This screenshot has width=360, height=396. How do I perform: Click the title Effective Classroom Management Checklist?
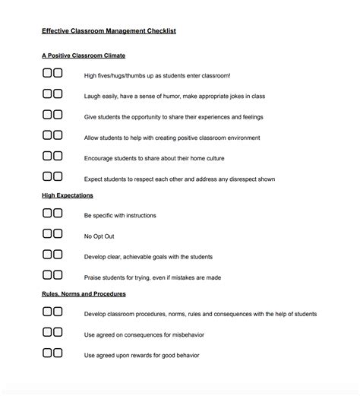pyautogui.click(x=109, y=31)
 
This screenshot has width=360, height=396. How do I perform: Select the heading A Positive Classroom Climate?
pyautogui.click(x=84, y=55)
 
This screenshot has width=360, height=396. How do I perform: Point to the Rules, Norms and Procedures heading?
pyautogui.click(x=84, y=293)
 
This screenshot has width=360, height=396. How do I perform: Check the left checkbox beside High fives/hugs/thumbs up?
pyautogui.click(x=47, y=74)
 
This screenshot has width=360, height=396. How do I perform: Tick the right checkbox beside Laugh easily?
pyautogui.click(x=58, y=94)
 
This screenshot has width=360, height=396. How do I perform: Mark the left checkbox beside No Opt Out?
pyautogui.click(x=47, y=233)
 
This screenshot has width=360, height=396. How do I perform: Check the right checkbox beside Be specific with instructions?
pyautogui.click(x=58, y=214)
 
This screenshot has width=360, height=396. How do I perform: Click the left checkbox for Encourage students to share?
pyautogui.click(x=47, y=156)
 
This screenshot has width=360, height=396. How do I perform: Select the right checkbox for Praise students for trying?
pyautogui.click(x=58, y=274)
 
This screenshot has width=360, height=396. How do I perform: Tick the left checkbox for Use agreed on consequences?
pyautogui.click(x=47, y=331)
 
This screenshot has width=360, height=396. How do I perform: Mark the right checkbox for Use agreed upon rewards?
pyautogui.click(x=58, y=352)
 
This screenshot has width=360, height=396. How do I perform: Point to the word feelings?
pyautogui.click(x=247, y=117)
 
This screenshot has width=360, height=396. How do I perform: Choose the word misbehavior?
pyautogui.click(x=185, y=334)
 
